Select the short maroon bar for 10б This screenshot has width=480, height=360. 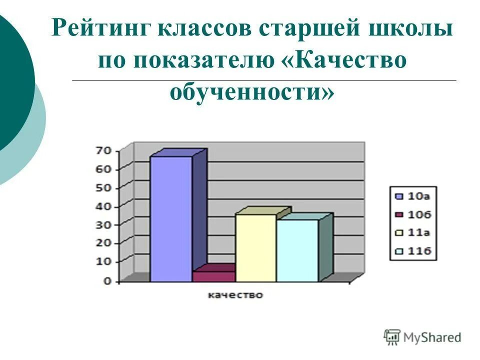click(214, 276)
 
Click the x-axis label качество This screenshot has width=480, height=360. click(235, 295)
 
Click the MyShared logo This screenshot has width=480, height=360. click(422, 336)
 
